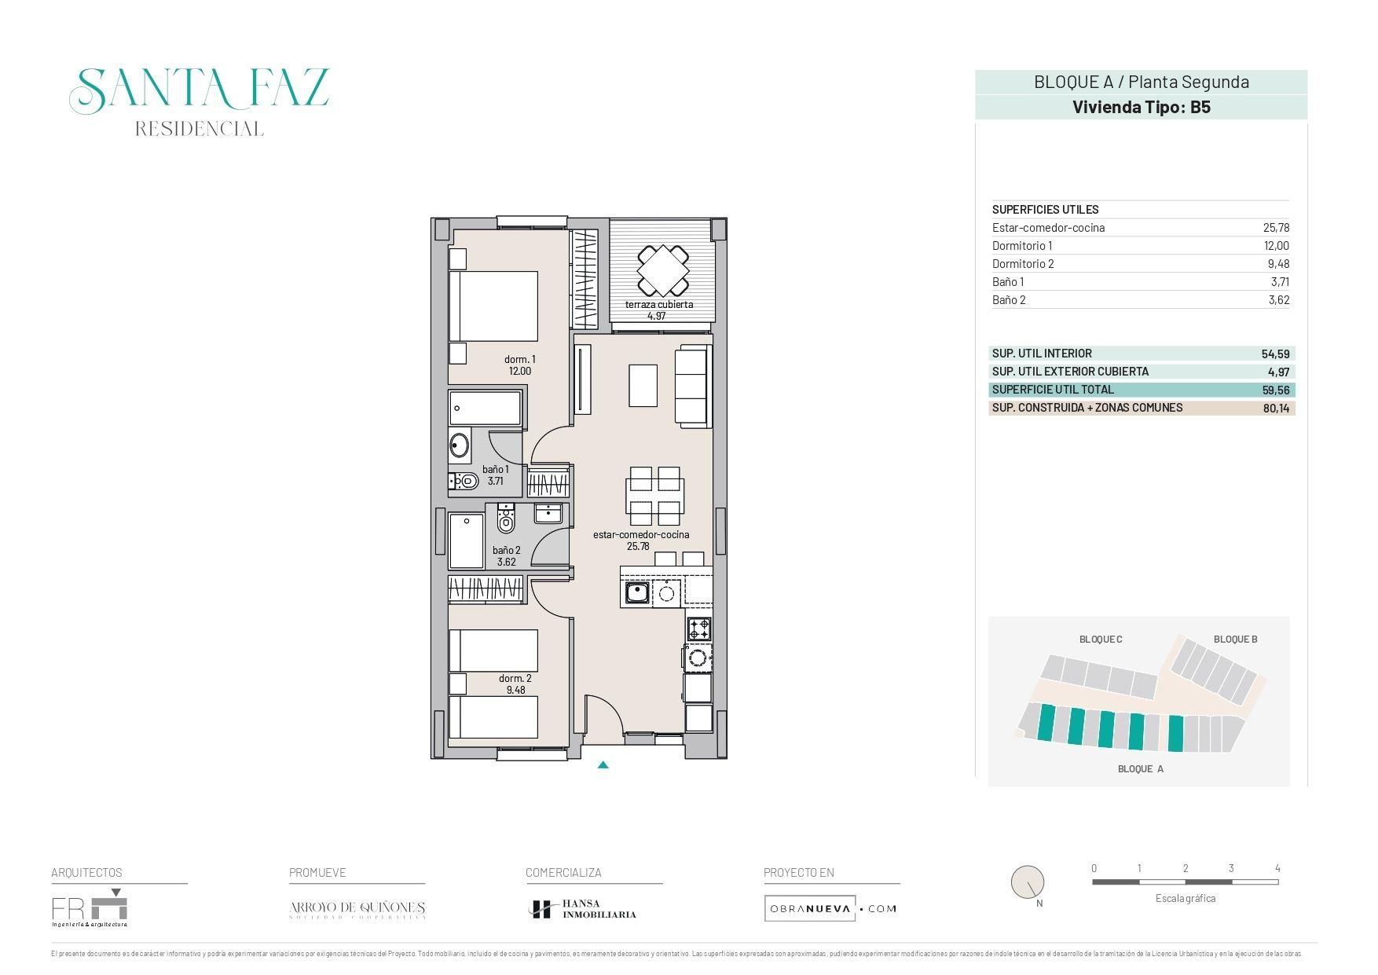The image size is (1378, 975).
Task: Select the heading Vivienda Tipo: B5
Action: tap(1141, 108)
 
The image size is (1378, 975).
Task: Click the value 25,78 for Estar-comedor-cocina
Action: tap(1276, 228)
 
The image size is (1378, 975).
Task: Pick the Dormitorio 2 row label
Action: tap(1023, 264)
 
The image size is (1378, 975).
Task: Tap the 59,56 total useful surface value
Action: tap(1277, 390)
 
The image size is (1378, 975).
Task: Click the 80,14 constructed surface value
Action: tap(1277, 409)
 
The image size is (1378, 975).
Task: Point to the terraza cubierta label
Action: tap(658, 305)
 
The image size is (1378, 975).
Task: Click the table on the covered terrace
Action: tap(663, 269)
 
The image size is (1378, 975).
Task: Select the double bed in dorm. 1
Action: tap(493, 306)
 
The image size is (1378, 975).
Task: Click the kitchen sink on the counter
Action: tap(636, 593)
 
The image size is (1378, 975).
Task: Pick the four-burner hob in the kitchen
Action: tap(699, 629)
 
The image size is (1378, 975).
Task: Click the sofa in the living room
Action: tap(693, 387)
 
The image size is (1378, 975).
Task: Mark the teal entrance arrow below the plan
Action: tap(603, 764)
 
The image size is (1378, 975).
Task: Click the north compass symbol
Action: tap(1027, 883)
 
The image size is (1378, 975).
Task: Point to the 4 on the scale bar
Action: tap(1277, 868)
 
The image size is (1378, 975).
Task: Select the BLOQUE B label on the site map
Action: tap(1235, 640)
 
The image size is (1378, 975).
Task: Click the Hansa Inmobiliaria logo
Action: tap(582, 909)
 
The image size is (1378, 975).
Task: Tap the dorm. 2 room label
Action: tap(515, 679)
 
